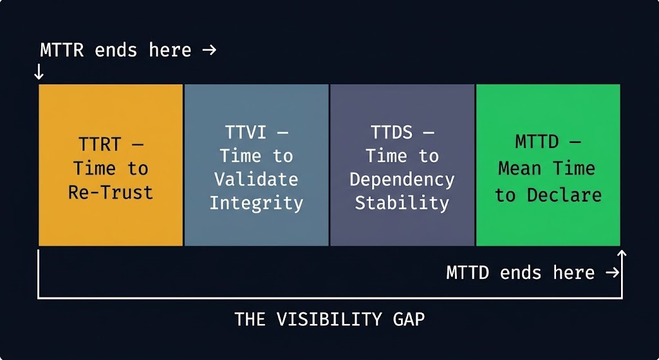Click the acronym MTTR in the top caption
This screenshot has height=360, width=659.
tap(62, 50)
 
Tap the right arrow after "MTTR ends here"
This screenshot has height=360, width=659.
tap(209, 50)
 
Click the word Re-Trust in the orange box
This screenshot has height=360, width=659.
tap(111, 192)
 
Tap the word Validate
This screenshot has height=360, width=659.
tap(256, 179)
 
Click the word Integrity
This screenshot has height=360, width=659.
tap(256, 203)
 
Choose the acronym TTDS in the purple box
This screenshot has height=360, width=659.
tap(391, 133)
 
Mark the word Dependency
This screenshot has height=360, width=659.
tap(402, 179)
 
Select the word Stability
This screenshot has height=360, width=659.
tap(402, 203)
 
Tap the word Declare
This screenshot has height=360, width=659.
tap(564, 194)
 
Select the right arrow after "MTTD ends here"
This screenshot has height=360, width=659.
tap(612, 272)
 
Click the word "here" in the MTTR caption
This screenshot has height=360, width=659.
tap(170, 50)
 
